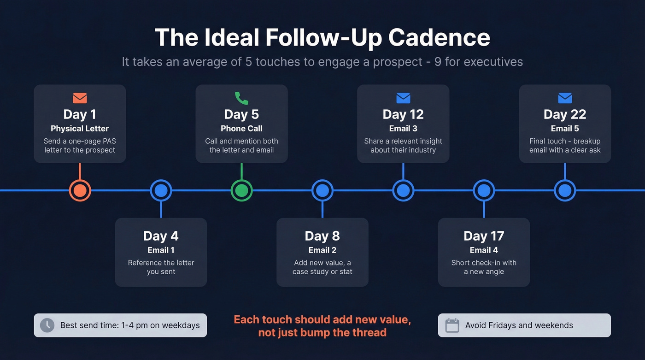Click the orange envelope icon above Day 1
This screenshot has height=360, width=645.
[x=80, y=98]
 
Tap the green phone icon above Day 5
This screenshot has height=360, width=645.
[x=241, y=98]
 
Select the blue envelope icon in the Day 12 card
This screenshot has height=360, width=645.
[x=403, y=98]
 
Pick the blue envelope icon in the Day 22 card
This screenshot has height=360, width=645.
[x=565, y=98]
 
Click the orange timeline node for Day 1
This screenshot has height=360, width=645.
[x=80, y=190]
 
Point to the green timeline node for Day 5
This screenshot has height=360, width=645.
[x=241, y=190]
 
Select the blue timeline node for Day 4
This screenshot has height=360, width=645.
[x=161, y=190]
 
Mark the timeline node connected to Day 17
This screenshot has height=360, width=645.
[x=484, y=190]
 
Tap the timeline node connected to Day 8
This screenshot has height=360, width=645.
[x=322, y=190]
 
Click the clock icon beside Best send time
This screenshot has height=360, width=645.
[x=47, y=325]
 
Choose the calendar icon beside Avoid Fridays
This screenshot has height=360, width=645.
[x=452, y=325]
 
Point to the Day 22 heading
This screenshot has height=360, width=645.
[x=565, y=114]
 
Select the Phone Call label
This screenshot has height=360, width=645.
[x=241, y=129]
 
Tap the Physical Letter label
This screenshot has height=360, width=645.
[x=80, y=129]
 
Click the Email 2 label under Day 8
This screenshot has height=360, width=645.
[x=322, y=250]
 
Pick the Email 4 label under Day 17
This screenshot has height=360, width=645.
[x=484, y=250]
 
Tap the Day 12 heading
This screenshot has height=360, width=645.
[x=403, y=114]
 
